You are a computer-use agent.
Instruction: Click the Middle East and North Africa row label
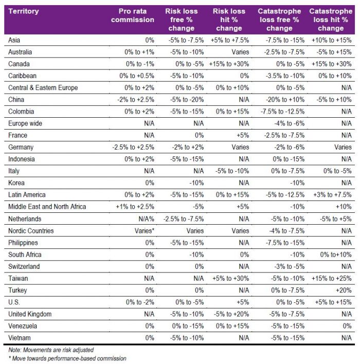46,207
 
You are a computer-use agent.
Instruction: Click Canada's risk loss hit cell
229,64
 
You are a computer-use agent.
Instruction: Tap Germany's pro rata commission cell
133,147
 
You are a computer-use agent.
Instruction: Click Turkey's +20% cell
343,290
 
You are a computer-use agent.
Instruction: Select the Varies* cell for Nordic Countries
141,231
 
